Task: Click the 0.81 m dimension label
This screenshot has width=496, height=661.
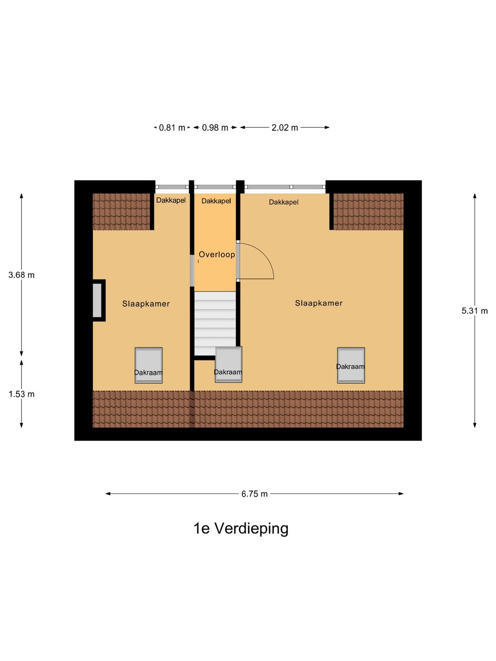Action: point(172,128)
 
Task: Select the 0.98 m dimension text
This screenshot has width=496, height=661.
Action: point(215,128)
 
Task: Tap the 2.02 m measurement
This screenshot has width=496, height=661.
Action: point(285,128)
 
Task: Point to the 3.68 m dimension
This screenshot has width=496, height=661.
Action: point(22,275)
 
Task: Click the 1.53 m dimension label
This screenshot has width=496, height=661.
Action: point(22,394)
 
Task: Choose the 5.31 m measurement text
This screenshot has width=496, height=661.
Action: point(474,311)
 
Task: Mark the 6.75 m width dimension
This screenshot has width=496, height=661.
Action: point(254,494)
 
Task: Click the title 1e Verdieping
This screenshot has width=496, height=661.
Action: point(241,528)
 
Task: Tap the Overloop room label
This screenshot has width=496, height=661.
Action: point(217,254)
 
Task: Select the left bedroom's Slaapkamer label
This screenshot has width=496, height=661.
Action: point(146,303)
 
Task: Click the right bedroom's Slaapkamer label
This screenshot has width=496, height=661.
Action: point(319,303)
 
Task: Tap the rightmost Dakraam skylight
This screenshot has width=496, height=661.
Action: point(351,365)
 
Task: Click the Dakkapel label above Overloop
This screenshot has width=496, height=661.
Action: point(216,201)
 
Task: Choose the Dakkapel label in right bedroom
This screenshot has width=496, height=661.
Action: point(284,202)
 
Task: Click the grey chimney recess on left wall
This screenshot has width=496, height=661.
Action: point(97,300)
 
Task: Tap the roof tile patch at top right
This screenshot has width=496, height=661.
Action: point(368,211)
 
